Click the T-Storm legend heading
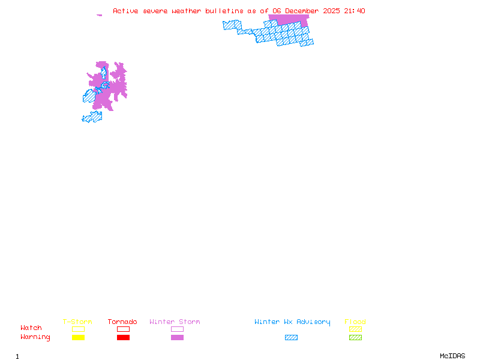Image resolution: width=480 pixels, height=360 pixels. [77, 322]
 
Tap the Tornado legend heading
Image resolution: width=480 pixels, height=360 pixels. [122, 322]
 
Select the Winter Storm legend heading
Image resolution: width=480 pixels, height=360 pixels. [175, 322]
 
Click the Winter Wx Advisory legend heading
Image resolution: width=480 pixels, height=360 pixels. [292, 322]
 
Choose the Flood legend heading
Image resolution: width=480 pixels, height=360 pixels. [355, 322]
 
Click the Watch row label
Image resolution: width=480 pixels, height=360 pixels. [31, 328]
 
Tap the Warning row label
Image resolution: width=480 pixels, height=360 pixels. [35, 337]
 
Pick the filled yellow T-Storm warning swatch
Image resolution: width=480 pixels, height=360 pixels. [78, 338]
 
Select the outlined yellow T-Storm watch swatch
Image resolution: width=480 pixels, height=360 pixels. [78, 329]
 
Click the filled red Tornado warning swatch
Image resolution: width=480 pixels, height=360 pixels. [123, 338]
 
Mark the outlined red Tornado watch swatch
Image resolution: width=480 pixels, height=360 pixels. [123, 329]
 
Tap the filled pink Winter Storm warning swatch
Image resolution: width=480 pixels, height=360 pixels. [177, 338]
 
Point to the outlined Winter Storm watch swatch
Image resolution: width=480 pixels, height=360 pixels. [177, 329]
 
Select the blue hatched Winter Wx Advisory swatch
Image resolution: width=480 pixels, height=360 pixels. [291, 338]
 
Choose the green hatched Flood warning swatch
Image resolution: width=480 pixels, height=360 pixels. [355, 338]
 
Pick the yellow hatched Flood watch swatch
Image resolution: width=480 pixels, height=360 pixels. [355, 329]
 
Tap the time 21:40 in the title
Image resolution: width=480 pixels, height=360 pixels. [354, 11]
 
